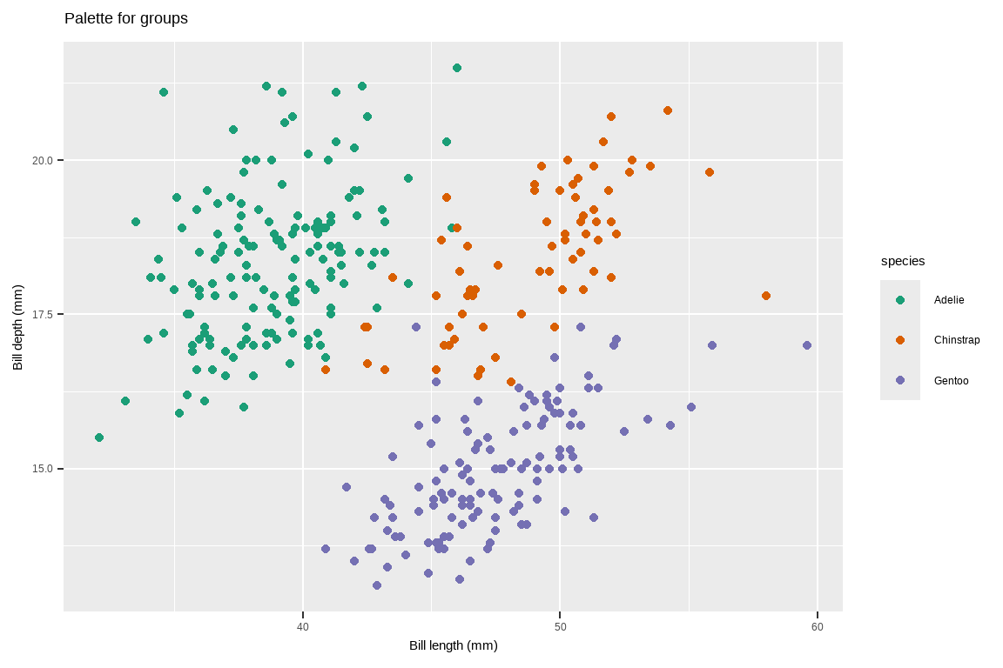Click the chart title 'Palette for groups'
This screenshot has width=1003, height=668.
coord(126,18)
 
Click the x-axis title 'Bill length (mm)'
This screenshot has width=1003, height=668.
coord(454,645)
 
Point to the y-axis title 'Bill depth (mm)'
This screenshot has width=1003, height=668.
coord(18,327)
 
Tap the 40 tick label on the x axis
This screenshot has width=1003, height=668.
coord(303,627)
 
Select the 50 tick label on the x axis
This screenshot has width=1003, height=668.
coord(560,627)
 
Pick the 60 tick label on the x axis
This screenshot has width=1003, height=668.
coord(818,627)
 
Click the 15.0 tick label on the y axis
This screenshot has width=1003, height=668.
coord(43,469)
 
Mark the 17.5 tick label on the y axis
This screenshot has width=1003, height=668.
coord(43,315)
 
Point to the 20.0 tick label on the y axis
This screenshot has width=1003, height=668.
coord(43,160)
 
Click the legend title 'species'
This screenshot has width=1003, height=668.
coord(903,261)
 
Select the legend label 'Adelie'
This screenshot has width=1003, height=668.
coord(949,300)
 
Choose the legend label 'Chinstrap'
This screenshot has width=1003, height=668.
coord(956,340)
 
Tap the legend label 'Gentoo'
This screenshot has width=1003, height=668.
coord(951,381)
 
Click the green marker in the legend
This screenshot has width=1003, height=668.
coord(900,300)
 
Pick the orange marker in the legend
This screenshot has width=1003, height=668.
coord(900,340)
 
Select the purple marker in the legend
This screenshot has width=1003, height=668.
coord(900,380)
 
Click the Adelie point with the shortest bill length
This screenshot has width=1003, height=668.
coord(99,438)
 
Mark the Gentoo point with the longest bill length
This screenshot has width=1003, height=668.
coord(806,345)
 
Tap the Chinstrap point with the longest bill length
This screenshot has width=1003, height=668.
coord(765,296)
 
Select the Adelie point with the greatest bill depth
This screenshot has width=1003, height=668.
coord(457,68)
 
